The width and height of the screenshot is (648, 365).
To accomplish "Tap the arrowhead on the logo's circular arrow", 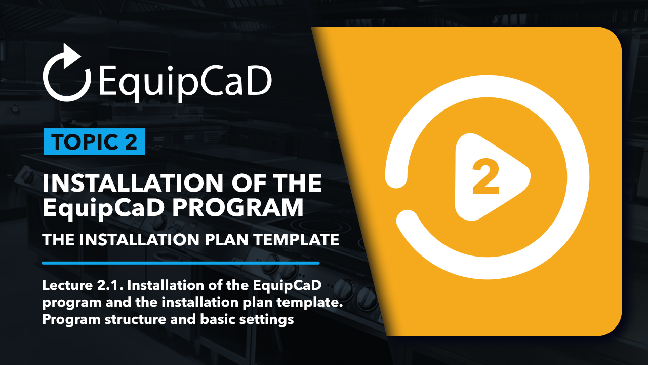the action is [x=71, y=56].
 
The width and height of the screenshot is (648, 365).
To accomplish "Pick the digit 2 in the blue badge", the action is [x=131, y=142].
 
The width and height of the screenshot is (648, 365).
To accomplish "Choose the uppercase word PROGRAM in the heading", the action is [x=238, y=208].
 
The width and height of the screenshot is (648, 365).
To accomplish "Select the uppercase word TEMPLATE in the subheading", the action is [x=297, y=240].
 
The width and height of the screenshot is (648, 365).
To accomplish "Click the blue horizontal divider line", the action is [x=181, y=263].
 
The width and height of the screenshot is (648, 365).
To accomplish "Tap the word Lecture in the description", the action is [x=67, y=285].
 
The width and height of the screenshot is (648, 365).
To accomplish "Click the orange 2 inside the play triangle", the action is [x=485, y=177].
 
